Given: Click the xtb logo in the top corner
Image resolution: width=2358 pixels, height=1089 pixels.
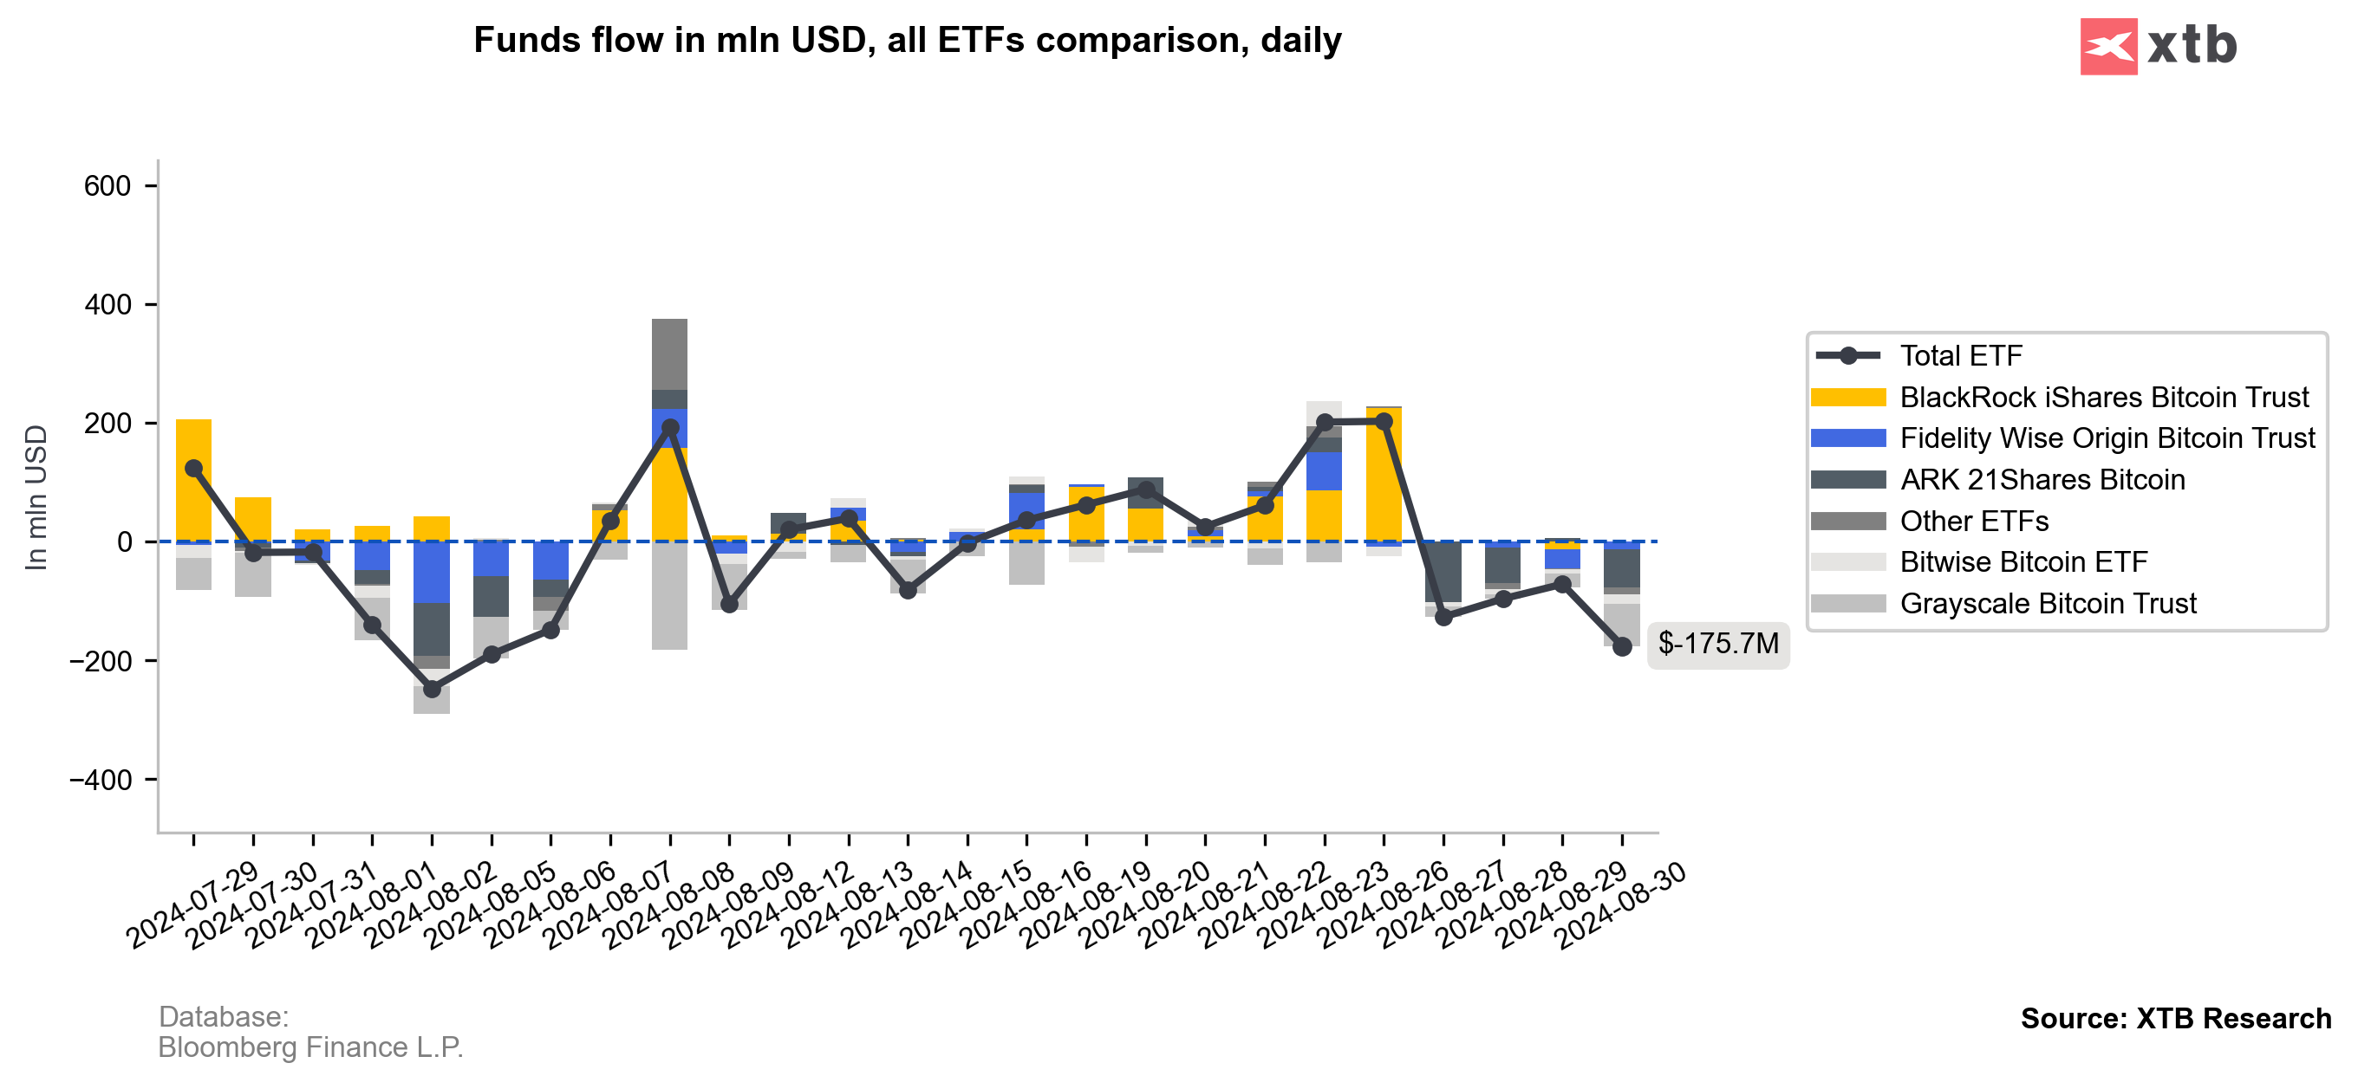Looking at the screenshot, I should click(x=2158, y=46).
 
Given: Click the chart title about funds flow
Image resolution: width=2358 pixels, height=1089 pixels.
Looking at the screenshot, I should click(x=907, y=40).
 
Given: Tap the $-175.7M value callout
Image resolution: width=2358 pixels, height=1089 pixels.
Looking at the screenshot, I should click(x=1717, y=644).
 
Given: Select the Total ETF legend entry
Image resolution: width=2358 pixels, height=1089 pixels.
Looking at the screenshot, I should click(x=1960, y=355).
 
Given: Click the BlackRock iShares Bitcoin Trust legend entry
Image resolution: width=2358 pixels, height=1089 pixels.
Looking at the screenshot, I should click(x=2103, y=397).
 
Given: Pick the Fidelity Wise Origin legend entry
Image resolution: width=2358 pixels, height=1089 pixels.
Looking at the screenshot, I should click(x=2107, y=438).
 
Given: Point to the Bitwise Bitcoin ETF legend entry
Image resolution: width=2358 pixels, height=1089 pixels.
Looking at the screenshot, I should click(x=2023, y=562).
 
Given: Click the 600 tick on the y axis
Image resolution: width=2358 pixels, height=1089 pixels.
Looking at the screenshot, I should click(x=107, y=186).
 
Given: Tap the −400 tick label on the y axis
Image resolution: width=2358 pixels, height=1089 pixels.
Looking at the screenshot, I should click(x=101, y=780).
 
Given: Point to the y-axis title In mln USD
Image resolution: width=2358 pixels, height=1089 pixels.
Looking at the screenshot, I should click(x=36, y=497).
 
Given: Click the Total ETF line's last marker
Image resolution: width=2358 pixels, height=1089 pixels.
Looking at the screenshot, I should click(x=1621, y=647).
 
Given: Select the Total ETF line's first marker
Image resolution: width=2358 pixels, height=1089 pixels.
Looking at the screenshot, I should click(x=194, y=469).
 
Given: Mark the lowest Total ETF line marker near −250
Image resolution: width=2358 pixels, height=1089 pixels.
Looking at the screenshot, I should click(x=432, y=689).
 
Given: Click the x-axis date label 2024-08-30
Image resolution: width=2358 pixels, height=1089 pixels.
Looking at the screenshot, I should click(x=1621, y=906).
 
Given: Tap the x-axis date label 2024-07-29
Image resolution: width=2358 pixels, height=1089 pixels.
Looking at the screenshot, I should click(x=193, y=906).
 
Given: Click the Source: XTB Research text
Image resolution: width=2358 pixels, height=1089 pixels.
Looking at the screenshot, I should click(x=2175, y=1019).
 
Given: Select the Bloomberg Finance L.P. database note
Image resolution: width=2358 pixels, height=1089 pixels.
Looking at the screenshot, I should click(x=310, y=1047).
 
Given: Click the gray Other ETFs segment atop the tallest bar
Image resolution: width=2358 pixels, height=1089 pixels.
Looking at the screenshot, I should click(x=669, y=354).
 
